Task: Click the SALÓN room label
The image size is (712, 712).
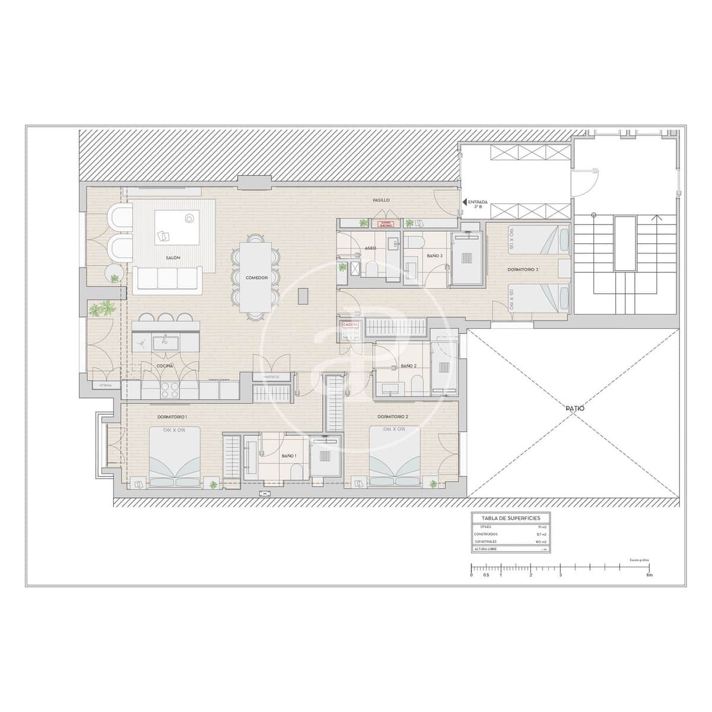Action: point(173,258)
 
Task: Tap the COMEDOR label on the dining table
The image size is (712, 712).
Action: point(257,278)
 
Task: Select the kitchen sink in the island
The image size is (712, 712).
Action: point(162,342)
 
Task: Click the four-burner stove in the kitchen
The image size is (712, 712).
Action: point(171,389)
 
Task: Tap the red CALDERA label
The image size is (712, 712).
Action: point(348,325)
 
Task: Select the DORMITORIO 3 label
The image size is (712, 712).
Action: point(523,269)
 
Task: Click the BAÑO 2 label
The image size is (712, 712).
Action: point(409,366)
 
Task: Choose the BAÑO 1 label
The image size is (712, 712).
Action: point(289,456)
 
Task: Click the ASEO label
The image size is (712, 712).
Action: point(370,248)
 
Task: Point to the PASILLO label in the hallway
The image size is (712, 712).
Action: point(381,200)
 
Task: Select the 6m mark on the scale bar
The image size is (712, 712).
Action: point(650,575)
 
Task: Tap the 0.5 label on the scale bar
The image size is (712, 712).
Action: point(486,575)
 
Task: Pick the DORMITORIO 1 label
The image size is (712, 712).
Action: point(173,417)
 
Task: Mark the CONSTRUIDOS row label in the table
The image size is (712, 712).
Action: point(486,534)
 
